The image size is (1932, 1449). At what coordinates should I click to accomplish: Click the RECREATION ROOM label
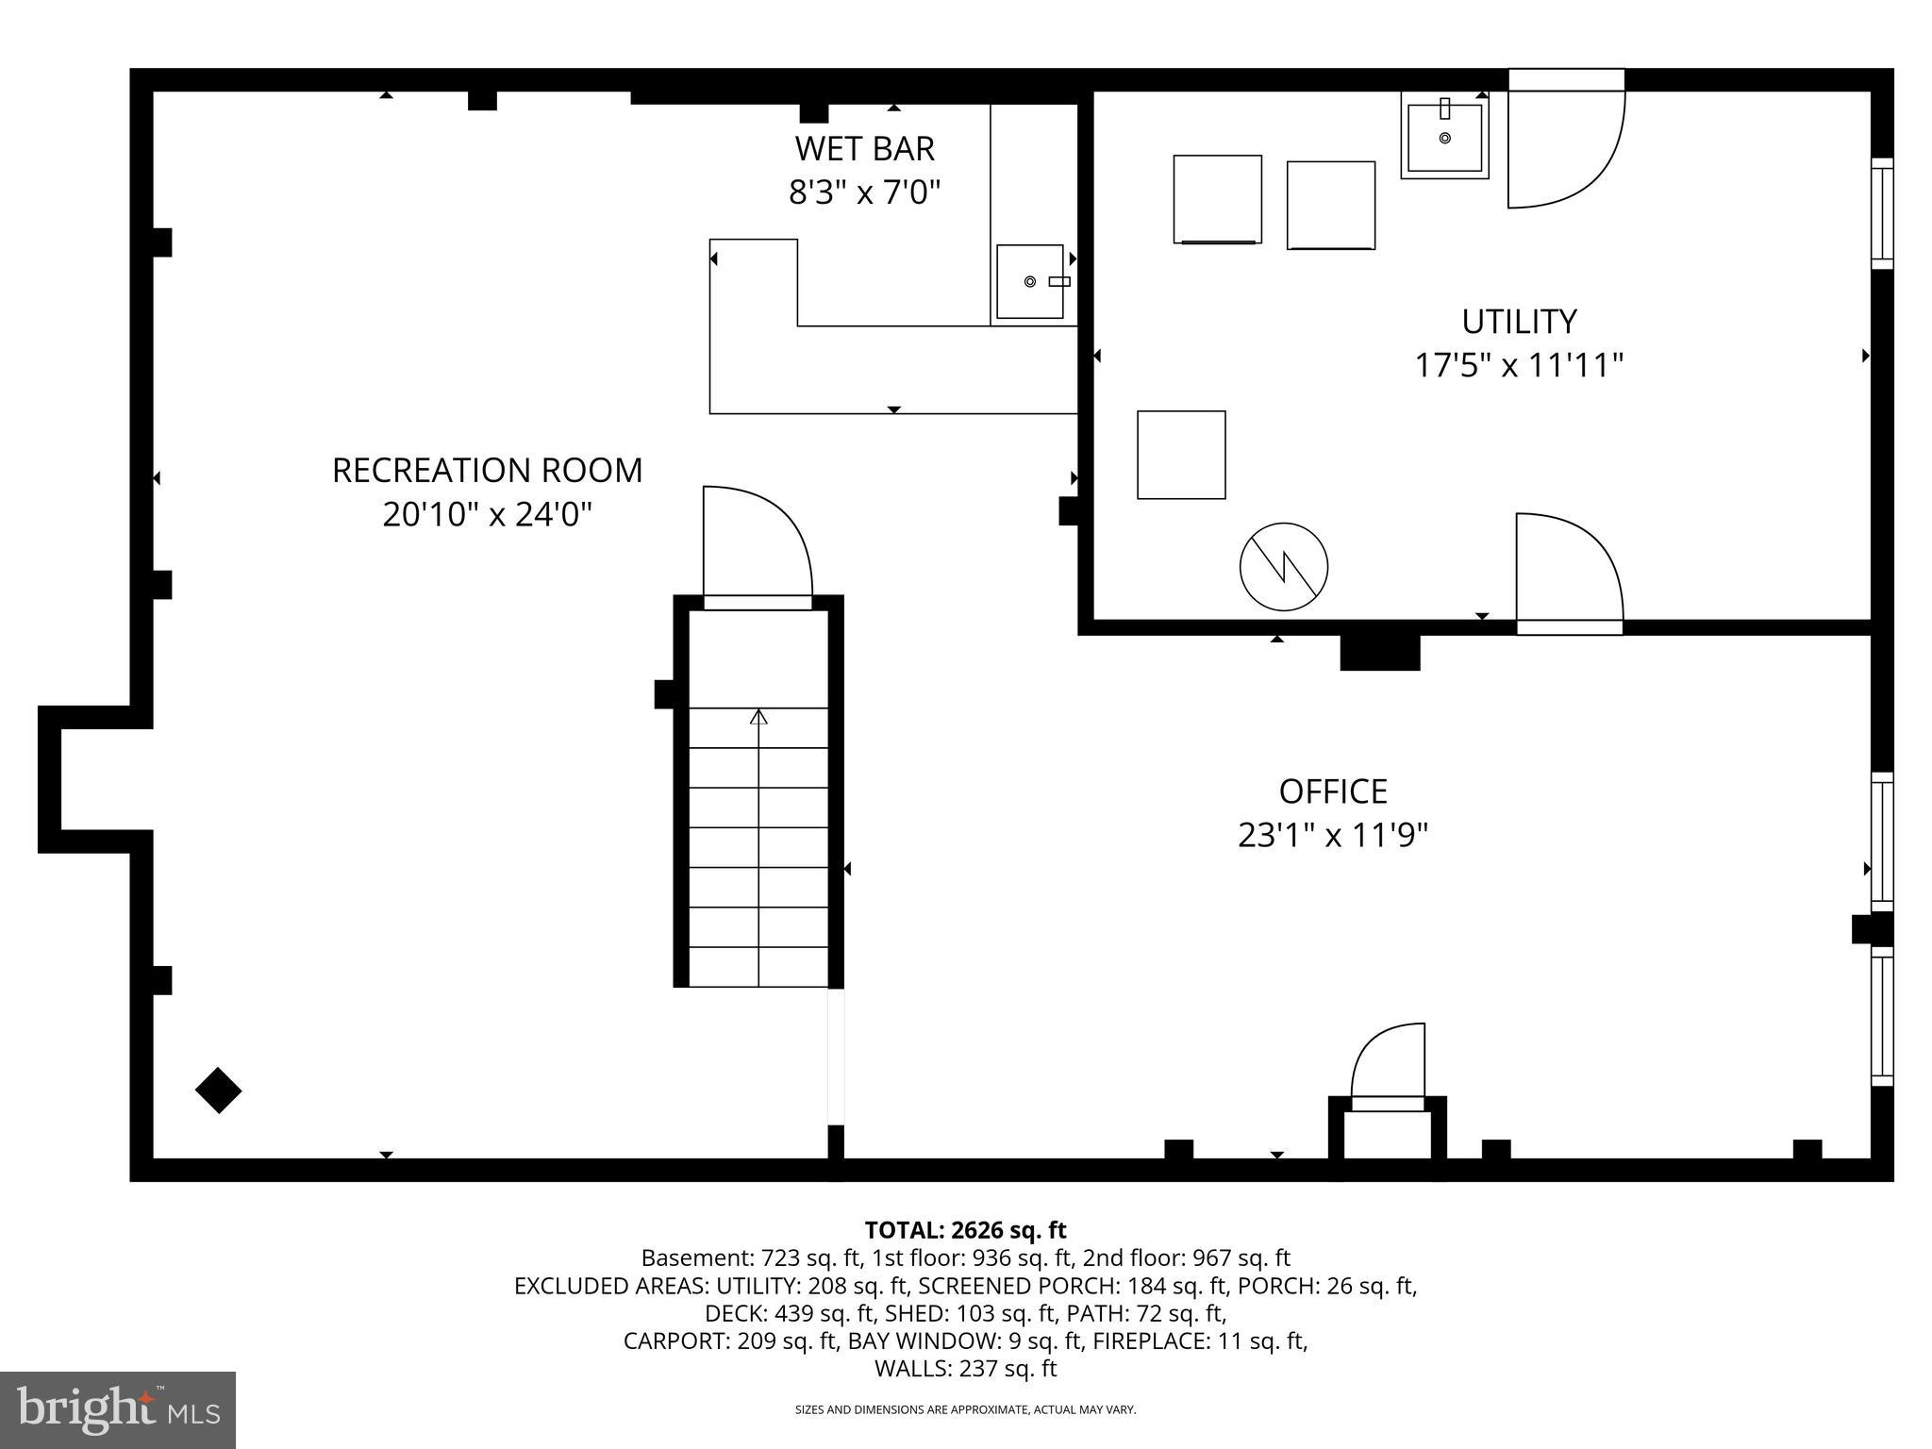(x=487, y=470)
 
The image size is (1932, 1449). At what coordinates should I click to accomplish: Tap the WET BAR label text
(x=864, y=149)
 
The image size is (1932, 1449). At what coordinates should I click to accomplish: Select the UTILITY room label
(x=1518, y=322)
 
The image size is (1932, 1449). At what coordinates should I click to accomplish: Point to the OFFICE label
(x=1332, y=791)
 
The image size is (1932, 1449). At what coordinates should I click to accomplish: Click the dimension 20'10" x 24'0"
(x=487, y=515)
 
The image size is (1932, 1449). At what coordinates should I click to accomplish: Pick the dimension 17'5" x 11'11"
(x=1518, y=366)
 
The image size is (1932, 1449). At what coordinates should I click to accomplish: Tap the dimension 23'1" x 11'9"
(x=1332, y=836)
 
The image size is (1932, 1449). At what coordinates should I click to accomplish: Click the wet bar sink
(x=1030, y=281)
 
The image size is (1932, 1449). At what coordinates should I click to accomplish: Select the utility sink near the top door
(x=1444, y=138)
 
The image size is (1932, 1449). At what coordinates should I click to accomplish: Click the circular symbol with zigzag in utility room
(x=1283, y=567)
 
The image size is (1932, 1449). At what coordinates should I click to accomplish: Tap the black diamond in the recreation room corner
(x=218, y=1091)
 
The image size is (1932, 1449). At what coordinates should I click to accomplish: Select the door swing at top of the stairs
(x=757, y=542)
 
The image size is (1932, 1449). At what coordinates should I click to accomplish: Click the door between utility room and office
(x=1568, y=572)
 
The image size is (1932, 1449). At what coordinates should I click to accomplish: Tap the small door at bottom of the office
(x=1388, y=1066)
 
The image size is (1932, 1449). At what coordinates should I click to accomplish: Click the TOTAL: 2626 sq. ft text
(x=965, y=1230)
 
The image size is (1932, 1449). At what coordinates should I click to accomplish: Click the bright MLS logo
(x=117, y=1410)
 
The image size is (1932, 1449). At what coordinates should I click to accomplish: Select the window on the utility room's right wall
(x=1882, y=213)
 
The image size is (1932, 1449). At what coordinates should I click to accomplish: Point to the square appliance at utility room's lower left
(x=1181, y=455)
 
